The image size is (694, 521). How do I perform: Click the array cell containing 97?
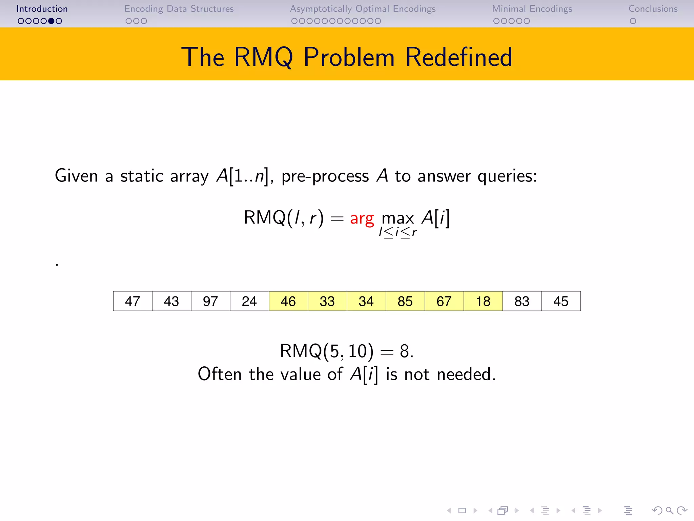click(210, 301)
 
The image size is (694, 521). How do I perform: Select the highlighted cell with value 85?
click(405, 301)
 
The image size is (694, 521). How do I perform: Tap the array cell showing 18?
click(483, 301)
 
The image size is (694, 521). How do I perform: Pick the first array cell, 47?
click(132, 301)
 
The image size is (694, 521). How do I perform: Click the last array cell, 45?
click(561, 301)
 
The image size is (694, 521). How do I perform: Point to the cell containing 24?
click(249, 301)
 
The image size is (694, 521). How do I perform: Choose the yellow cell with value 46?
click(288, 301)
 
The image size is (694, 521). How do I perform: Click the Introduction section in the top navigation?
click(42, 9)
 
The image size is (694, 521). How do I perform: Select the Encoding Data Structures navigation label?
click(179, 9)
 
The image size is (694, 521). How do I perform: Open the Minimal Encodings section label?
click(532, 9)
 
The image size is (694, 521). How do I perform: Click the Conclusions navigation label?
click(653, 9)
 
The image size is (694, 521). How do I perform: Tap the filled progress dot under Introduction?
click(51, 21)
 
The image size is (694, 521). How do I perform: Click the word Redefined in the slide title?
click(458, 57)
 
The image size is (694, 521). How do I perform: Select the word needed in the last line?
click(466, 374)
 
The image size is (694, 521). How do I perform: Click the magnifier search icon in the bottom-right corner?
click(669, 510)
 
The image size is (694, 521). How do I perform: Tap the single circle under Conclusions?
click(633, 21)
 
